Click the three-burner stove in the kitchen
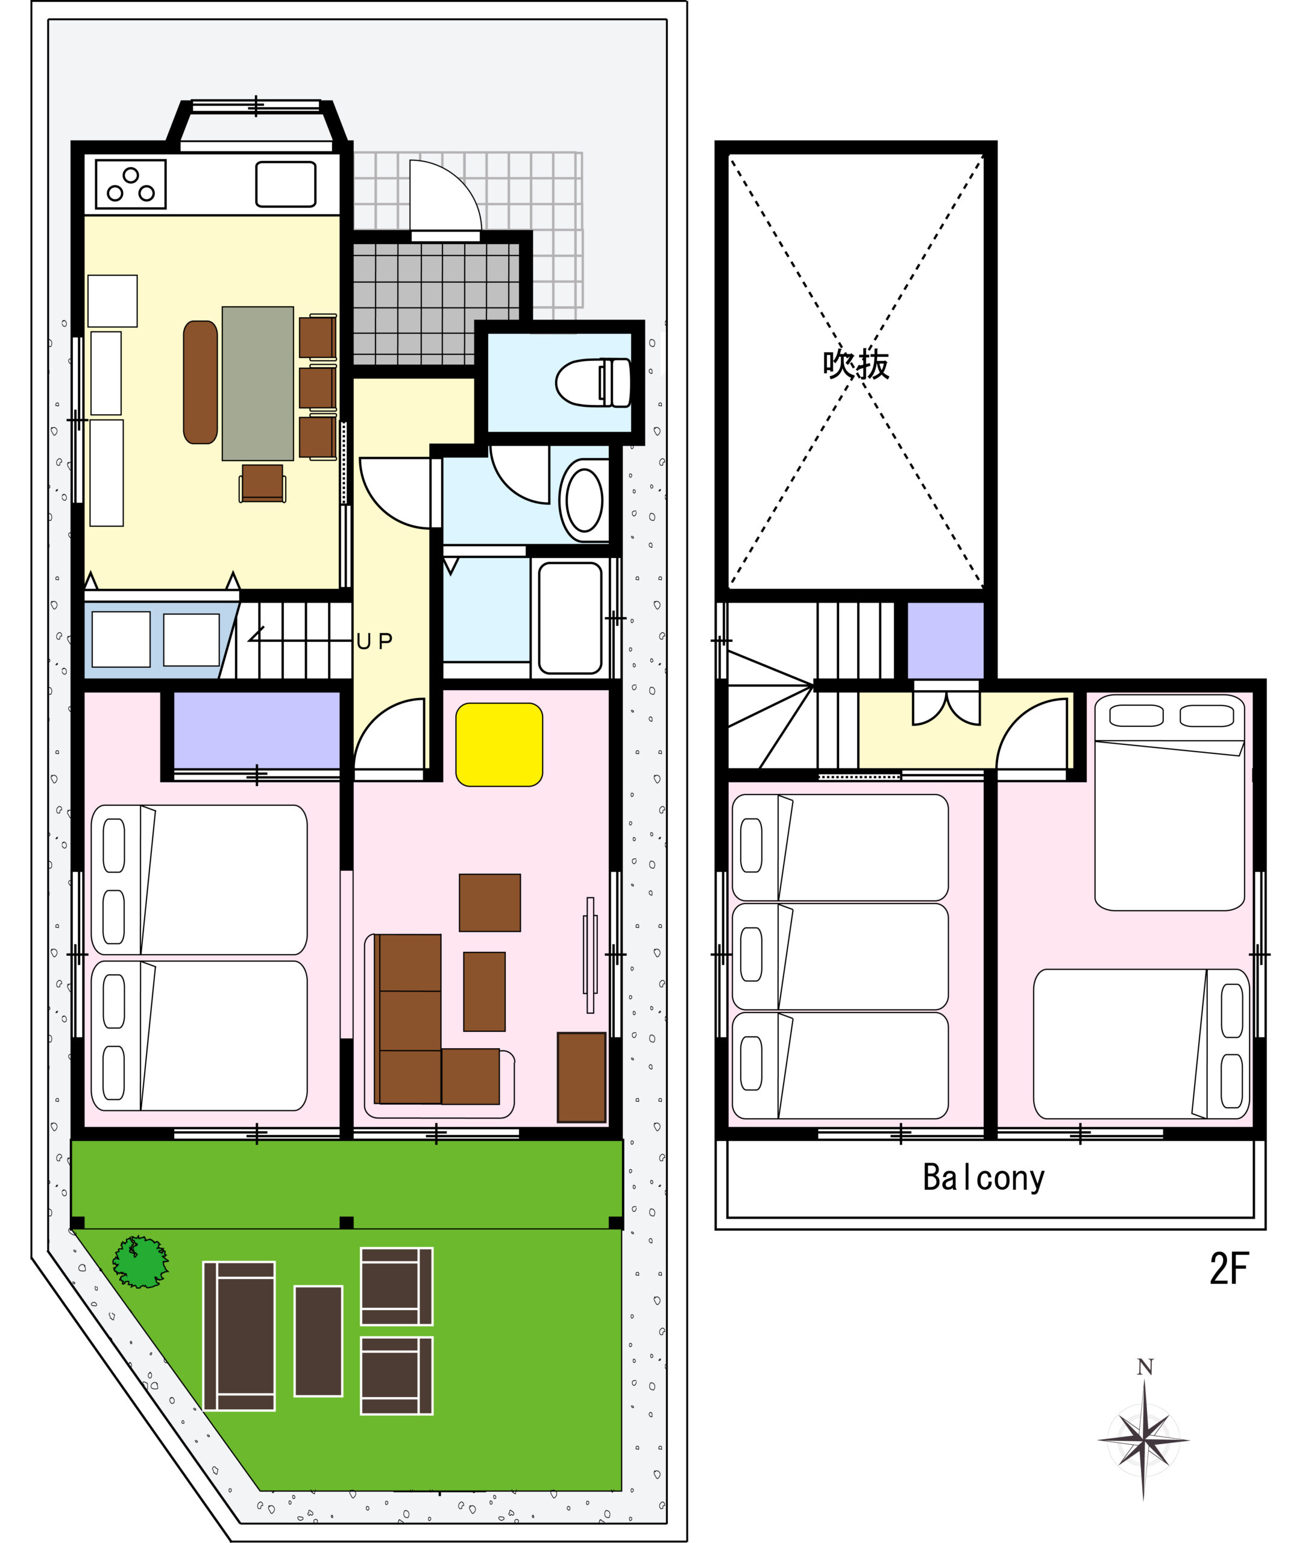pos(130,184)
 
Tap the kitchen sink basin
pos(286,184)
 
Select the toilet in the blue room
pos(594,383)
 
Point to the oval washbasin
pos(584,500)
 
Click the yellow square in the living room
pos(499,745)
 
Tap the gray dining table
pos(258,383)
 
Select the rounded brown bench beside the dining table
pos(200,382)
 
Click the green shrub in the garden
pos(140,1262)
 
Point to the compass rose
pos(1143,1439)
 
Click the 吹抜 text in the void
pos(856,365)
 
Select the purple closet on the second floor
pos(945,641)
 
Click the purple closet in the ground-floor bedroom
pos(257,730)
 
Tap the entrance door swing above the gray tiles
pos(445,195)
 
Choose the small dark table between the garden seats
pos(318,1341)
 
